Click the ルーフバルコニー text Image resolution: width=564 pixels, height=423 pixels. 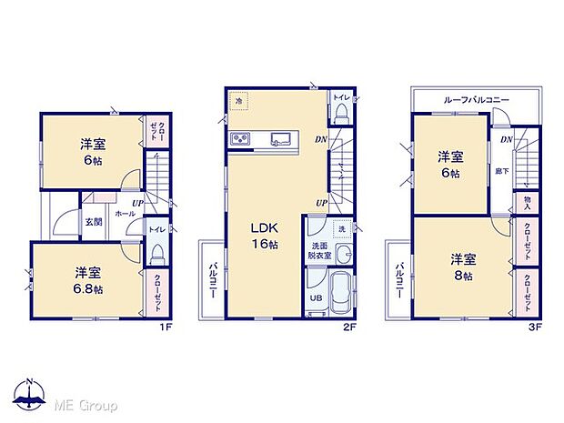point(477,99)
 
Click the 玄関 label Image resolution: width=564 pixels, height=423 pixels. point(94,221)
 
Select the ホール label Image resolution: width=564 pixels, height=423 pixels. point(125,213)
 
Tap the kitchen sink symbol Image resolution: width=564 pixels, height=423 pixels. point(279,138)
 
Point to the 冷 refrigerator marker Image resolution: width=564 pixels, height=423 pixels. point(239,103)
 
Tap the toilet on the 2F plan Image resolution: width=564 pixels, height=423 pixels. point(341,112)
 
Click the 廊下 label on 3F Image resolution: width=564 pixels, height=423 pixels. point(502,170)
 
